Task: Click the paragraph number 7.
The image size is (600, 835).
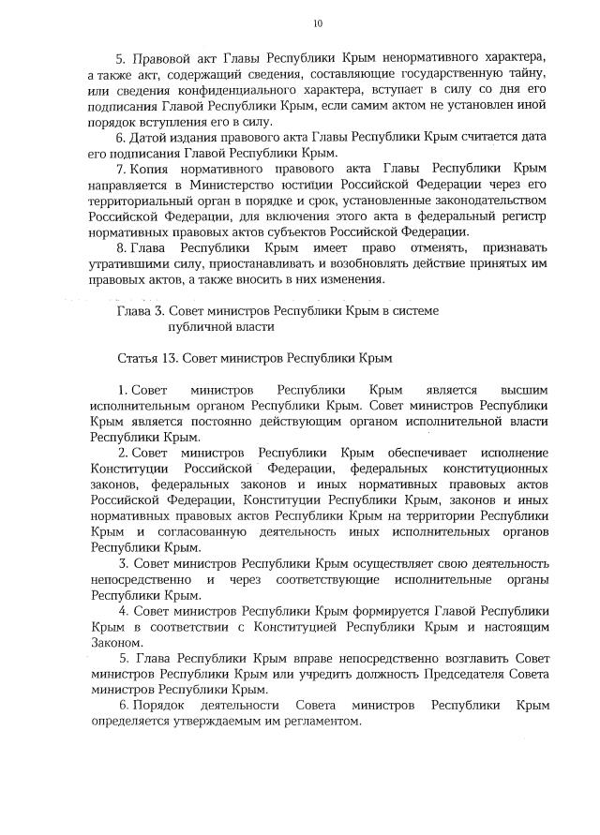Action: pos(122,169)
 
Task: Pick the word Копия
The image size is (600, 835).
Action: pos(150,169)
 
